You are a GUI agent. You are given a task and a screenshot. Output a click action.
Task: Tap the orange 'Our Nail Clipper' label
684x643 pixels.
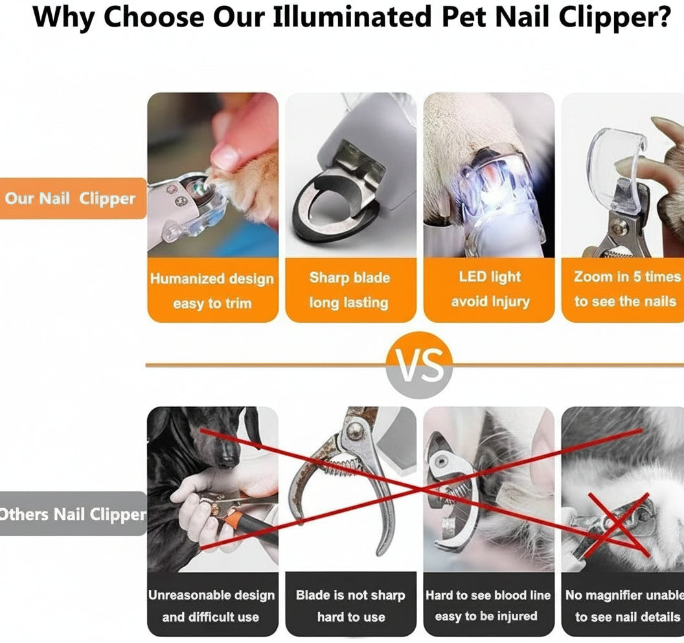tap(71, 198)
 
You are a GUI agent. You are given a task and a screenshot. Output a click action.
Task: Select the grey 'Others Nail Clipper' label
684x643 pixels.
tap(71, 514)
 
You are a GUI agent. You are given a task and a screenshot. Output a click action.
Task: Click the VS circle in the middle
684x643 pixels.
tap(419, 364)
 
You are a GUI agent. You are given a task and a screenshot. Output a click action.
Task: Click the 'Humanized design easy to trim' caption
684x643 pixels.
tap(212, 290)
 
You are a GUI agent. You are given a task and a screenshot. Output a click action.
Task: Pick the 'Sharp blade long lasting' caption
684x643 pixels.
tap(350, 290)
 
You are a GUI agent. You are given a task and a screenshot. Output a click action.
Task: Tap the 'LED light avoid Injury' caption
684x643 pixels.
tap(490, 289)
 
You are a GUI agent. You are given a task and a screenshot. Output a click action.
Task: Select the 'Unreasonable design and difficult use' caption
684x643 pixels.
tap(212, 605)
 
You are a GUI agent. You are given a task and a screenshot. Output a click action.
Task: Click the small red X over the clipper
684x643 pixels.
tap(615, 524)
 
